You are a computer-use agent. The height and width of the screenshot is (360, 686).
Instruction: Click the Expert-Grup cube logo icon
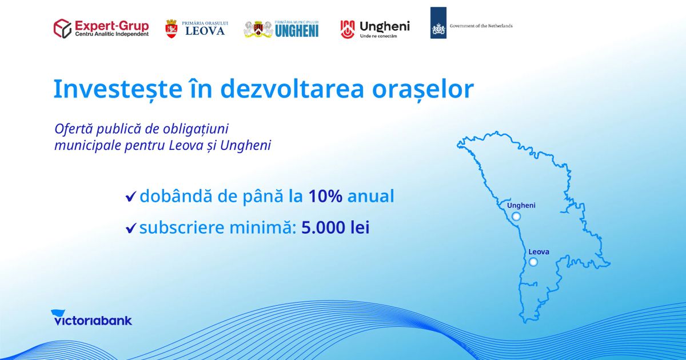tap(62, 29)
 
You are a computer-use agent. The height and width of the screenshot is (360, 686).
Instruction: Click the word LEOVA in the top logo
tap(205, 31)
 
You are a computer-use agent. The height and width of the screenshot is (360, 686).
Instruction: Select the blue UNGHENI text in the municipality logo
tap(297, 31)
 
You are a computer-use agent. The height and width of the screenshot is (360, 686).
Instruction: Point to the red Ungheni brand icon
tap(348, 29)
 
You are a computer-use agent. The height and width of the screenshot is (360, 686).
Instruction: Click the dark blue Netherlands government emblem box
tap(438, 23)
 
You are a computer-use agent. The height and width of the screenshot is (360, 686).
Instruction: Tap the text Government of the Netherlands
tap(481, 26)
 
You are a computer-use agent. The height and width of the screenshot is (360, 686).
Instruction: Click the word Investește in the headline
tap(118, 89)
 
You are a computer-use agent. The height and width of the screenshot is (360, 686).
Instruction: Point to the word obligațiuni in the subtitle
tap(196, 129)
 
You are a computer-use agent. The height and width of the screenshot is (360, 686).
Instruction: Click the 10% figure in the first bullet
tap(325, 196)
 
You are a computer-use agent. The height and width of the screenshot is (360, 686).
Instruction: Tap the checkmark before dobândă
tap(131, 197)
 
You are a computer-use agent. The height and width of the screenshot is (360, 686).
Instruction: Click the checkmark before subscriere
tap(131, 228)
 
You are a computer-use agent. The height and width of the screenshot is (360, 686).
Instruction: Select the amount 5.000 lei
tap(336, 227)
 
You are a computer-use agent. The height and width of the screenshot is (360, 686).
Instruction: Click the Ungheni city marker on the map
tap(516, 217)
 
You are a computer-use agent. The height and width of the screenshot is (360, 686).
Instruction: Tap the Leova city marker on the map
tap(533, 262)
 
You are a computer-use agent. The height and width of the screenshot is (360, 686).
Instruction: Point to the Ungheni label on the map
tap(521, 206)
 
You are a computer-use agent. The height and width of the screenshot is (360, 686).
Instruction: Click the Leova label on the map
tap(539, 251)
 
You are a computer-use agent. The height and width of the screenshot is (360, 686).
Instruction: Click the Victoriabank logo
tap(91, 318)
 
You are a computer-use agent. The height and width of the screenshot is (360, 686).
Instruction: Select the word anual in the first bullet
tap(370, 196)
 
